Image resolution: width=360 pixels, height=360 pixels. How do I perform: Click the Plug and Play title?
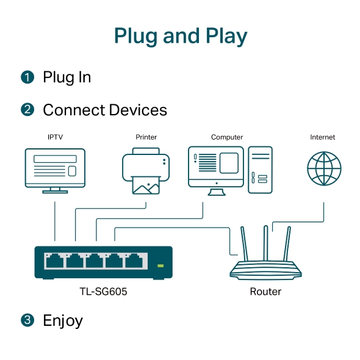pos(181,36)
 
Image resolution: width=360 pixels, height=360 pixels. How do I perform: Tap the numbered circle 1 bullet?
pos(27,77)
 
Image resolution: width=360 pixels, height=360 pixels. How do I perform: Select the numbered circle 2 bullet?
pos(27,109)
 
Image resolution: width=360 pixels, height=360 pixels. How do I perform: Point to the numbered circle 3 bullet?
pos(27,320)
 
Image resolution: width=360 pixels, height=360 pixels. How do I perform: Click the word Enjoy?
pos(63,321)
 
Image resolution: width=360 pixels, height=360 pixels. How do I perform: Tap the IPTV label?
pos(55,137)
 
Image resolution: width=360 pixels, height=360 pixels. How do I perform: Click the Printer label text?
pos(146,137)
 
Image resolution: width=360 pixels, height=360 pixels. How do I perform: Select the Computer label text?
pos(227,137)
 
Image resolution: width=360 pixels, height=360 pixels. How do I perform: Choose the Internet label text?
pos(322,137)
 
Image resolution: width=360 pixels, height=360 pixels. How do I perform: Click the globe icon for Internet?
pos(324,168)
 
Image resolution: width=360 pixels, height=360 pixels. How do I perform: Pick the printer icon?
pos(146,171)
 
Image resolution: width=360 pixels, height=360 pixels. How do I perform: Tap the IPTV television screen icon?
pos(55,171)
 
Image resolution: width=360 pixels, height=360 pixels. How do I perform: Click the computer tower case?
pos(260,170)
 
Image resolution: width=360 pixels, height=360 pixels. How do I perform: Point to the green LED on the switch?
pos(160,265)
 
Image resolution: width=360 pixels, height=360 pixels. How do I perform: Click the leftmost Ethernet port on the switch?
pos(55,261)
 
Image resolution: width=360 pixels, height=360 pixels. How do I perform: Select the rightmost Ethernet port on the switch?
pos(134,261)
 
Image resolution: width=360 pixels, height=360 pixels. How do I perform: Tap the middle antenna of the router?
pos(265,243)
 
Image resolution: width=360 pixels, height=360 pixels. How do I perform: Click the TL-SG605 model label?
pos(103,292)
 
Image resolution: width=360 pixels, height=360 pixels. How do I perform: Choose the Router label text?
pos(265,292)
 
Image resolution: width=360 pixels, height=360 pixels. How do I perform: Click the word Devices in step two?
pos(138,110)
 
